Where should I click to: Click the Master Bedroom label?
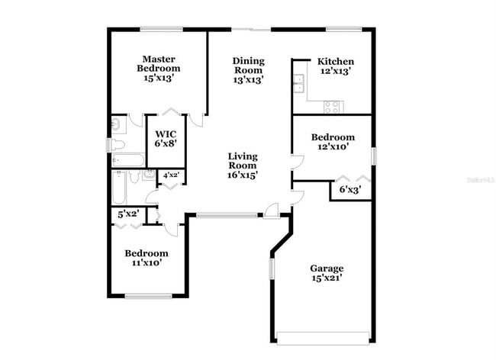pyautogui.click(x=159, y=68)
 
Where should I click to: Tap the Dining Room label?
pyautogui.click(x=248, y=69)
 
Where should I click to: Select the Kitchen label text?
pyautogui.click(x=336, y=66)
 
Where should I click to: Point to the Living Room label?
pyautogui.click(x=242, y=166)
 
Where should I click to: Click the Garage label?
pyautogui.click(x=326, y=272)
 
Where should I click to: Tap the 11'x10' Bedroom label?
pyautogui.click(x=146, y=258)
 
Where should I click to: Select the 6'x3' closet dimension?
pyautogui.click(x=350, y=189)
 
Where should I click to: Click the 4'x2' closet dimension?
pyautogui.click(x=172, y=176)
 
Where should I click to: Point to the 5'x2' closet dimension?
pyautogui.click(x=127, y=214)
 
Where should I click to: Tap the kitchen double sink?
pyautogui.click(x=299, y=85)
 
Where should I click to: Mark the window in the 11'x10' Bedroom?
pyautogui.click(x=148, y=296)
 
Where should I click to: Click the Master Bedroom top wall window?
pyautogui.click(x=161, y=30)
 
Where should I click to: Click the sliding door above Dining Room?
pyautogui.click(x=251, y=30)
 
